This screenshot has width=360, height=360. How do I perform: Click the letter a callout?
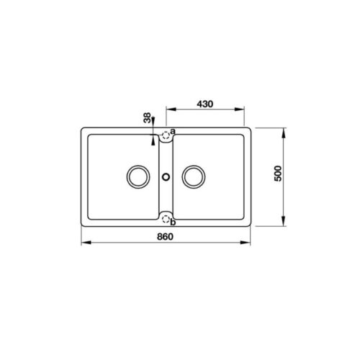point(174,130)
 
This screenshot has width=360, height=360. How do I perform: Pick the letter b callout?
point(174,222)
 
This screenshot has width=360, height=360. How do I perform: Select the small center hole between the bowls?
point(166,175)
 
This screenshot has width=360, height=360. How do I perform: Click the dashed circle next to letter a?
point(166,134)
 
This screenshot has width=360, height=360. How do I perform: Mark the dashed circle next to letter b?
point(166,217)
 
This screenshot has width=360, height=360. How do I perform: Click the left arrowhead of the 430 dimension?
point(168,110)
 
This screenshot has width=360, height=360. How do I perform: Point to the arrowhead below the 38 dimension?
point(153,140)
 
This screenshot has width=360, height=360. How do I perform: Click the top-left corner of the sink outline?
point(81,129)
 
